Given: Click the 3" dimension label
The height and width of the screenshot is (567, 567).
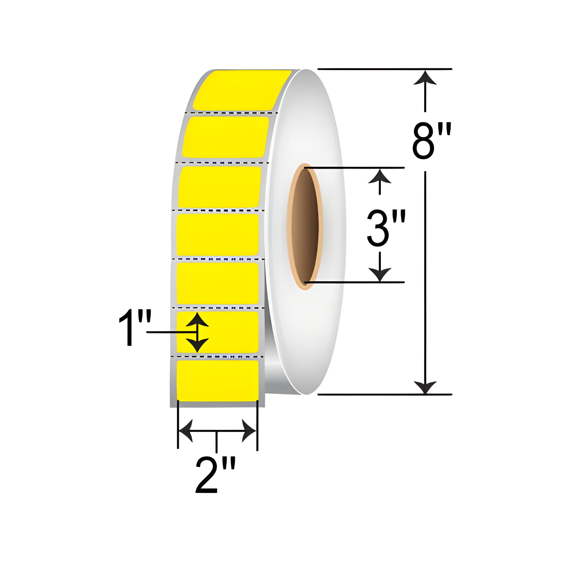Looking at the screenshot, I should click(386, 228).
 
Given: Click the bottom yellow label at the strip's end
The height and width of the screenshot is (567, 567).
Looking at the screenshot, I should click(218, 381).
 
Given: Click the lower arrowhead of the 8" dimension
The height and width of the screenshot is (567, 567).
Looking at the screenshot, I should click(425, 387).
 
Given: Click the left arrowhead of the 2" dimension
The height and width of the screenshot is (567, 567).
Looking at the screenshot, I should click(185, 431).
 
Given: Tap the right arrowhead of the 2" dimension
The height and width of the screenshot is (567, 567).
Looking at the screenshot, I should click(249, 431).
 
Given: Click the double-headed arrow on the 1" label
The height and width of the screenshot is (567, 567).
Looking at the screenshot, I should click(198, 332).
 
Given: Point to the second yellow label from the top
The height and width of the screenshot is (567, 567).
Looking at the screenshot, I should click(225, 137).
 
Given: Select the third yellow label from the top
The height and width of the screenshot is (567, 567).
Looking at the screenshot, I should click(219, 187).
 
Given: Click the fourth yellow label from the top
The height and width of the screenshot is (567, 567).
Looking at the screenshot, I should click(218, 235).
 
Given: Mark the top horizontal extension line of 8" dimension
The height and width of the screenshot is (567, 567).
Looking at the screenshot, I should click(384, 69).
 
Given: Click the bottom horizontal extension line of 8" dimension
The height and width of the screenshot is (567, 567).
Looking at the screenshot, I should click(384, 395).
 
